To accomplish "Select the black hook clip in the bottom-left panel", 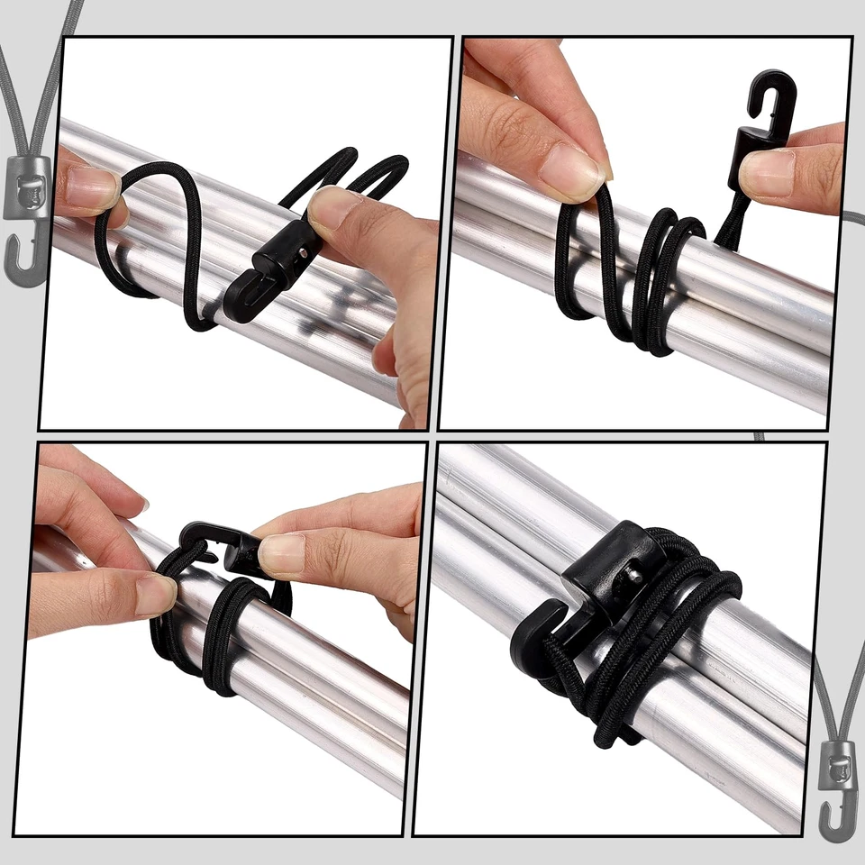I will tap(221, 550).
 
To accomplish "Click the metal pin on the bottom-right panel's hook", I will tap(635, 572).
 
